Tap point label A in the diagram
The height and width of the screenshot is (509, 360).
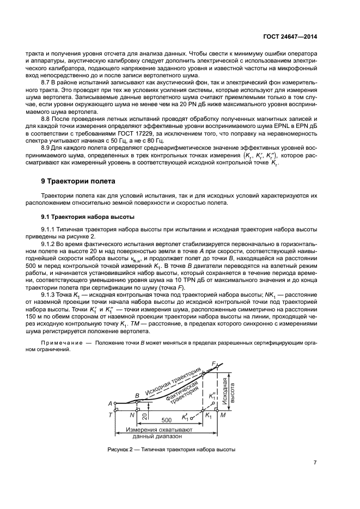click(x=111, y=403)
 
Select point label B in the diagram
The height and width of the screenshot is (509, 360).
click(x=137, y=395)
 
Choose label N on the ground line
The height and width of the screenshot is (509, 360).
click(x=132, y=415)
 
